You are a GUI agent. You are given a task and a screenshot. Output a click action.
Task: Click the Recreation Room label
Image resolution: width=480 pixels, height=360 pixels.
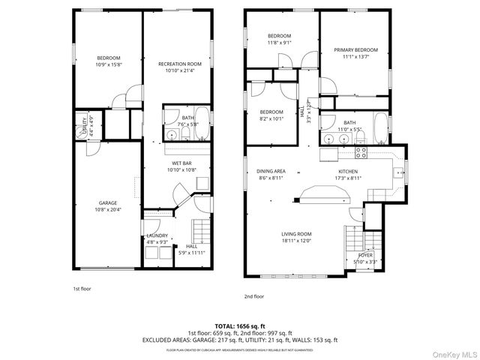click(180, 64)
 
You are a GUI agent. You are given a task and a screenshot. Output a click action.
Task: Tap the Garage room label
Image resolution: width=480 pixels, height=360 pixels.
click(108, 202)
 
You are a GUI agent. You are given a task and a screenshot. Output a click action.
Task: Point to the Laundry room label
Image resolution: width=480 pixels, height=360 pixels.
click(157, 236)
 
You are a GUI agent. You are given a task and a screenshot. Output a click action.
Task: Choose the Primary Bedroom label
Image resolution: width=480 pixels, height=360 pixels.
click(355, 50)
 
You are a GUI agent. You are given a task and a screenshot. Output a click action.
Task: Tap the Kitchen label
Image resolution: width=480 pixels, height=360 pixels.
click(349, 171)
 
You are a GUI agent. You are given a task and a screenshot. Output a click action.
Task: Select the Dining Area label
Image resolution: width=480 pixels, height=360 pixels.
click(271, 171)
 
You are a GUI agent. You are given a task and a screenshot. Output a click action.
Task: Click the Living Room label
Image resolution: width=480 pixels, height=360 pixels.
click(296, 234)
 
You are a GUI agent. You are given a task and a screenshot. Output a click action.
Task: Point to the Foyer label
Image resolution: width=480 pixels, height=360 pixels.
click(365, 256)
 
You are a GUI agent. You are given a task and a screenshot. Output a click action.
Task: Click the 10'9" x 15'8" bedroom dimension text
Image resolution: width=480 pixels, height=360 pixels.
click(108, 64)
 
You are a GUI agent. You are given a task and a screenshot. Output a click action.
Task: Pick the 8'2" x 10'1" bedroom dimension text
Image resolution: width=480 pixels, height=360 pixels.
click(271, 118)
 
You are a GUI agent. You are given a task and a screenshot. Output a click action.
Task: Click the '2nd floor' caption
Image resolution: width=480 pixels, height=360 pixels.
click(253, 296)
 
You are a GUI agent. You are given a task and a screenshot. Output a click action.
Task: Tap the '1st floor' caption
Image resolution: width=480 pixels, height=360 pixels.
click(82, 289)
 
